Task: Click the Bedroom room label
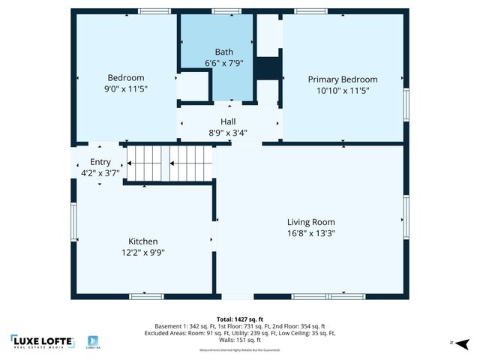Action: (126, 78)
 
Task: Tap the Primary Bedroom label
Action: (343, 79)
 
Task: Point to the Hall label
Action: (228, 121)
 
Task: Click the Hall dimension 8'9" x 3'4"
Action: (228, 133)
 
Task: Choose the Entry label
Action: (100, 162)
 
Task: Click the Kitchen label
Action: (142, 241)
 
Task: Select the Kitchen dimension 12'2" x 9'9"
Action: (142, 253)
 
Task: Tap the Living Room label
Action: (311, 222)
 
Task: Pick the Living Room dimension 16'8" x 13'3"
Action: (311, 233)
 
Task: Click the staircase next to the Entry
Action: (169, 163)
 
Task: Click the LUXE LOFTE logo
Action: (43, 341)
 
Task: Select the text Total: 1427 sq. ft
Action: (240, 319)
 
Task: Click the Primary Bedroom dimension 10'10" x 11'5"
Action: (343, 90)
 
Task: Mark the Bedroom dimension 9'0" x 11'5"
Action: (126, 88)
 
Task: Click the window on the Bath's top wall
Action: (222, 11)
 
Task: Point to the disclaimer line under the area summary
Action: (239, 350)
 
